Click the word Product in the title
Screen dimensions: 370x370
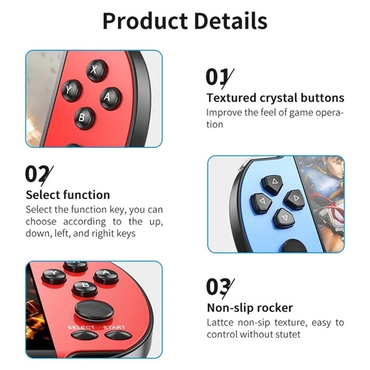pos(145,21)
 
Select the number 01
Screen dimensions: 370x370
pos(217,77)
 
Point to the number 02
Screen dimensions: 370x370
pos(37,174)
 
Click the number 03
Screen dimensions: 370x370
pos(218,287)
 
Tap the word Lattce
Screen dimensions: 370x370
pos(220,322)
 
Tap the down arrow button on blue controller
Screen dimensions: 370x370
pos(284,218)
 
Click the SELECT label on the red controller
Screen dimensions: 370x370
pos(81,327)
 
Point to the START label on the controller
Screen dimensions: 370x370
pos(114,327)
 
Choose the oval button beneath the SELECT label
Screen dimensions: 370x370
pos(84,335)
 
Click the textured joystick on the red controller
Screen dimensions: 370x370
pos(94,310)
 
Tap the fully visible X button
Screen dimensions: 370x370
pos(97,71)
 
